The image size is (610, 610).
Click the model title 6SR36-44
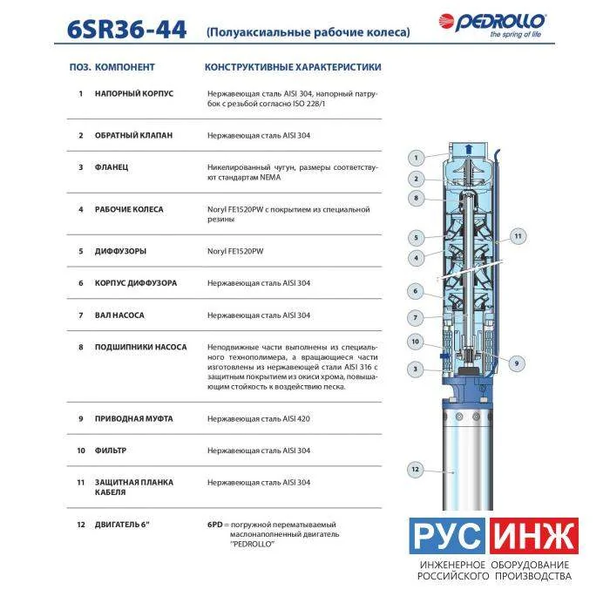coord(127,30)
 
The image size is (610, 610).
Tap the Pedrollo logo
coord(492,25)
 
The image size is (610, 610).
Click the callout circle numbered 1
coord(416,158)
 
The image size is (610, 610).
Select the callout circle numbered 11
coord(518,236)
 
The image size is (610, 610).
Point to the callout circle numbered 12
coord(415,469)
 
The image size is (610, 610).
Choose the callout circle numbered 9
coord(517,363)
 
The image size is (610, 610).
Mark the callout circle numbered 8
coord(416,198)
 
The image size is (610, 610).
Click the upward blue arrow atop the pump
coord(469,149)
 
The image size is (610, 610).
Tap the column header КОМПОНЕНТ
coord(125,67)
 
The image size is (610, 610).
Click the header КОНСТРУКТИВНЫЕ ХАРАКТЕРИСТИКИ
coord(293,67)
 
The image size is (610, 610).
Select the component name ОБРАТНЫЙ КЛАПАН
coord(133,135)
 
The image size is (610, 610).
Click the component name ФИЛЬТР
coord(111,451)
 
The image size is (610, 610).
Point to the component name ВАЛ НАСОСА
coord(119,315)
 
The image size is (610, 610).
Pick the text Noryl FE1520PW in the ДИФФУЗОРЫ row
coord(235,251)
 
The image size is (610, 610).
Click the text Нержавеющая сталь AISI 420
coord(259,419)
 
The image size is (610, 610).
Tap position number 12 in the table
coord(80,525)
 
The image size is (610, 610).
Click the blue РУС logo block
coord(447,536)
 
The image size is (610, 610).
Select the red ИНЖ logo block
coord(533,536)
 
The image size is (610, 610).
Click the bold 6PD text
coord(214,525)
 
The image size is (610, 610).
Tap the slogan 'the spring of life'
coord(516,34)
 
